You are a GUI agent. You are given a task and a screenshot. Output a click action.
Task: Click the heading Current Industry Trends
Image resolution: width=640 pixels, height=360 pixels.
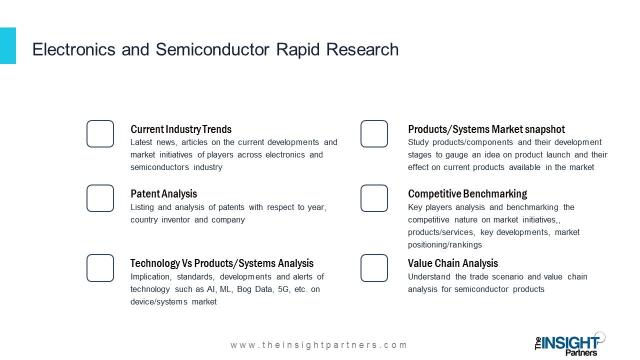181,129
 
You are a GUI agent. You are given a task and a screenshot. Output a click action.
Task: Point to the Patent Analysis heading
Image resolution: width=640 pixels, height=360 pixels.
163,194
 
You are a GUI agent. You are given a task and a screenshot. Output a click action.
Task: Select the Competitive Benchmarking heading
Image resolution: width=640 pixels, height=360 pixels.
467,194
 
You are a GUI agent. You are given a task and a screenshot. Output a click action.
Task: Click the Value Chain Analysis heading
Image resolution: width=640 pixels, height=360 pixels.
453,263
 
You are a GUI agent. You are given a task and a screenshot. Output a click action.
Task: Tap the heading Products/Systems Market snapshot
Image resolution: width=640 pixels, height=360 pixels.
486,129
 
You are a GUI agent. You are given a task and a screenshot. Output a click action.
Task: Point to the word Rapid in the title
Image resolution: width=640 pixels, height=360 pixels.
297,50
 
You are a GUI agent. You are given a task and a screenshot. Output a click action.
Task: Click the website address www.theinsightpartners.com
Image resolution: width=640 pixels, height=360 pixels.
319,345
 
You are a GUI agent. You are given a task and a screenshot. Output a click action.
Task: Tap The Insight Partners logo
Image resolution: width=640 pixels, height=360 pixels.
570,344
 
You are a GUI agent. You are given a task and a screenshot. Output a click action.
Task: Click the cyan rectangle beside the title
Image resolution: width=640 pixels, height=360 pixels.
8,45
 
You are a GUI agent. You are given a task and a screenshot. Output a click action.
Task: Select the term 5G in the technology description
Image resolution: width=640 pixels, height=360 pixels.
283,289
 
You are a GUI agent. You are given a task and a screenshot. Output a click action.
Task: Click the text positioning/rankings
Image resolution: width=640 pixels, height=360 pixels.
445,245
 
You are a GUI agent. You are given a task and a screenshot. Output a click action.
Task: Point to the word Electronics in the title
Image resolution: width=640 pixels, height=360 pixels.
73,49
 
